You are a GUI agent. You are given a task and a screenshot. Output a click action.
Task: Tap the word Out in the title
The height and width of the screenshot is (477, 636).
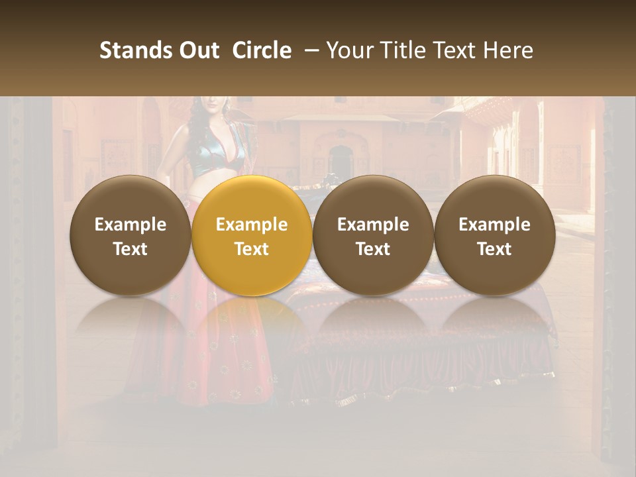click(197, 50)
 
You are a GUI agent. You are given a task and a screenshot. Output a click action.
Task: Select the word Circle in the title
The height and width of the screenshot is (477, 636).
click(262, 50)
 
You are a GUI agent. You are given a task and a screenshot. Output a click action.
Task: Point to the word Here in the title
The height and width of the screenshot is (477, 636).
click(507, 50)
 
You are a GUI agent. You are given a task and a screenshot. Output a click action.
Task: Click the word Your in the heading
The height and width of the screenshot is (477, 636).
click(349, 50)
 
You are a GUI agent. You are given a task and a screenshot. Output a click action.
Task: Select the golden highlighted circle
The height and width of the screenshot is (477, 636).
click(252, 235)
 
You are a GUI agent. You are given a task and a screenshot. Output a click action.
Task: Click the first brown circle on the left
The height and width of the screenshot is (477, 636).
click(131, 235)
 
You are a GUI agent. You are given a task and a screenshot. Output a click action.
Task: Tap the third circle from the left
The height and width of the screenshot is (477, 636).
click(373, 235)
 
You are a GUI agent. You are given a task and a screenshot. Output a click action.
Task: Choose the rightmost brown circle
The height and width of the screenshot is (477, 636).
click(495, 235)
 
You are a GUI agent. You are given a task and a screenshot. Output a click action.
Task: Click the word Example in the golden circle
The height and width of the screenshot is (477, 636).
click(252, 225)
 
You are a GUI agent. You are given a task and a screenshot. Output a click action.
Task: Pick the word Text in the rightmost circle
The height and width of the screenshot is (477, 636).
click(495, 249)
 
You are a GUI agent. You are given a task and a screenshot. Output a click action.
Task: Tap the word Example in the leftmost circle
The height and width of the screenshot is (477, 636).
click(131, 225)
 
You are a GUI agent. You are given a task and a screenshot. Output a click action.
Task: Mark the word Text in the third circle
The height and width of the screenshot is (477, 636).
click(373, 249)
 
